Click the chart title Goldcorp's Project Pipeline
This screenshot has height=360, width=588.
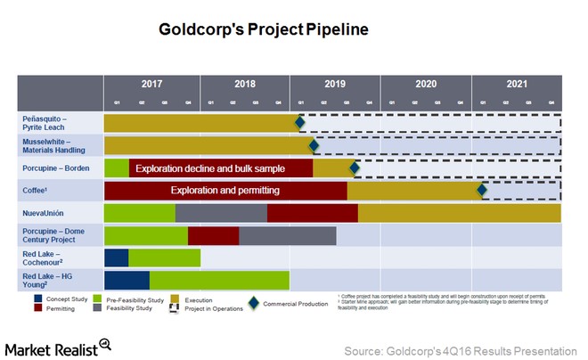pyautogui.click(x=263, y=29)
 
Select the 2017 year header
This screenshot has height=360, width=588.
pyautogui.click(x=152, y=84)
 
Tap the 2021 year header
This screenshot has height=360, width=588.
pyautogui.click(x=518, y=84)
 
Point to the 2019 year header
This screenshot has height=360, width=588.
pyautogui.click(x=335, y=84)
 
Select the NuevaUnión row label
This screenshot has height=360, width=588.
pyautogui.click(x=45, y=213)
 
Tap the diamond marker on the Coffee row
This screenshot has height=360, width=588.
pyautogui.click(x=482, y=190)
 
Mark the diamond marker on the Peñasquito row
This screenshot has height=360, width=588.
pyautogui.click(x=300, y=122)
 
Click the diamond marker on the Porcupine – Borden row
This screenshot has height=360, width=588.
pyautogui.click(x=354, y=168)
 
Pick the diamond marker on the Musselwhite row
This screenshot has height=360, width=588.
pyautogui.click(x=313, y=145)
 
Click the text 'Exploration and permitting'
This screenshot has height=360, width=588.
pyautogui.click(x=225, y=190)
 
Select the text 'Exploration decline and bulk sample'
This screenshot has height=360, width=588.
pyautogui.click(x=220, y=168)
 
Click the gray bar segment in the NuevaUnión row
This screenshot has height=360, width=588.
pyautogui.click(x=221, y=213)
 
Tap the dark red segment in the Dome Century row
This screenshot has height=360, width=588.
pyautogui.click(x=214, y=235)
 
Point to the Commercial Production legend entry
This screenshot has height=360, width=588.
pyautogui.click(x=288, y=303)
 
